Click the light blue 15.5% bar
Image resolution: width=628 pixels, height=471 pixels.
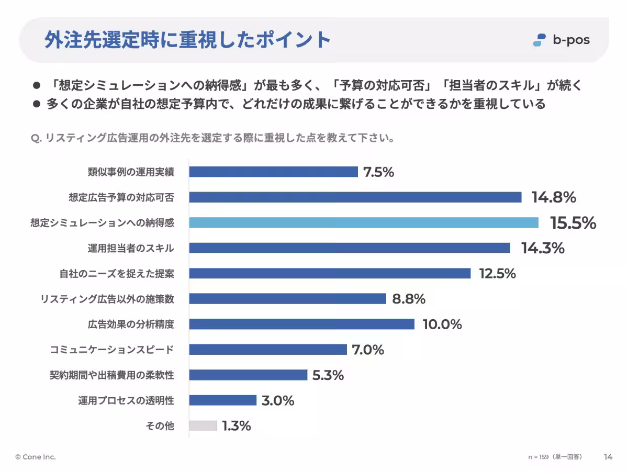(x=364, y=222)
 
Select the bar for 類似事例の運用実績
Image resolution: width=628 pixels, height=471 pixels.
(x=273, y=172)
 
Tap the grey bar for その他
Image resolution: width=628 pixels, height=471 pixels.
(x=203, y=426)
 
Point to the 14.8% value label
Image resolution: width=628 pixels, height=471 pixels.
(x=554, y=197)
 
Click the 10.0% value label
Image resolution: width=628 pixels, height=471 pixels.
(x=442, y=324)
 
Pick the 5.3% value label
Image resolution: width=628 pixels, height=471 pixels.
(x=328, y=375)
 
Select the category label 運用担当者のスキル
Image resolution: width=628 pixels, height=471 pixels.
(x=131, y=248)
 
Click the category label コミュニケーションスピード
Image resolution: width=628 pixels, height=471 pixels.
(x=111, y=350)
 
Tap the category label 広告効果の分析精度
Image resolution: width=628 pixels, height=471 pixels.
(x=131, y=324)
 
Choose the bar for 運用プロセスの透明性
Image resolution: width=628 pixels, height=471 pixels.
(x=222, y=400)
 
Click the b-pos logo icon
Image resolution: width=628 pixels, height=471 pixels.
(x=539, y=40)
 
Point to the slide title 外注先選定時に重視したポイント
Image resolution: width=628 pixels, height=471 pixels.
(x=187, y=40)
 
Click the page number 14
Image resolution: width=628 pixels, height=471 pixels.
(x=608, y=457)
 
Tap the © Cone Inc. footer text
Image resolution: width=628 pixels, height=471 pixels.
(x=36, y=457)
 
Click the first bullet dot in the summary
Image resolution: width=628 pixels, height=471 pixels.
(x=37, y=85)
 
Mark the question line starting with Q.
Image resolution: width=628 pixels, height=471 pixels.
(x=212, y=139)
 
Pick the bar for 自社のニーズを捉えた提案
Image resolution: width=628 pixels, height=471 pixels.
(x=330, y=273)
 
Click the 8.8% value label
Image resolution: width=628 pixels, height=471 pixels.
(x=409, y=299)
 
